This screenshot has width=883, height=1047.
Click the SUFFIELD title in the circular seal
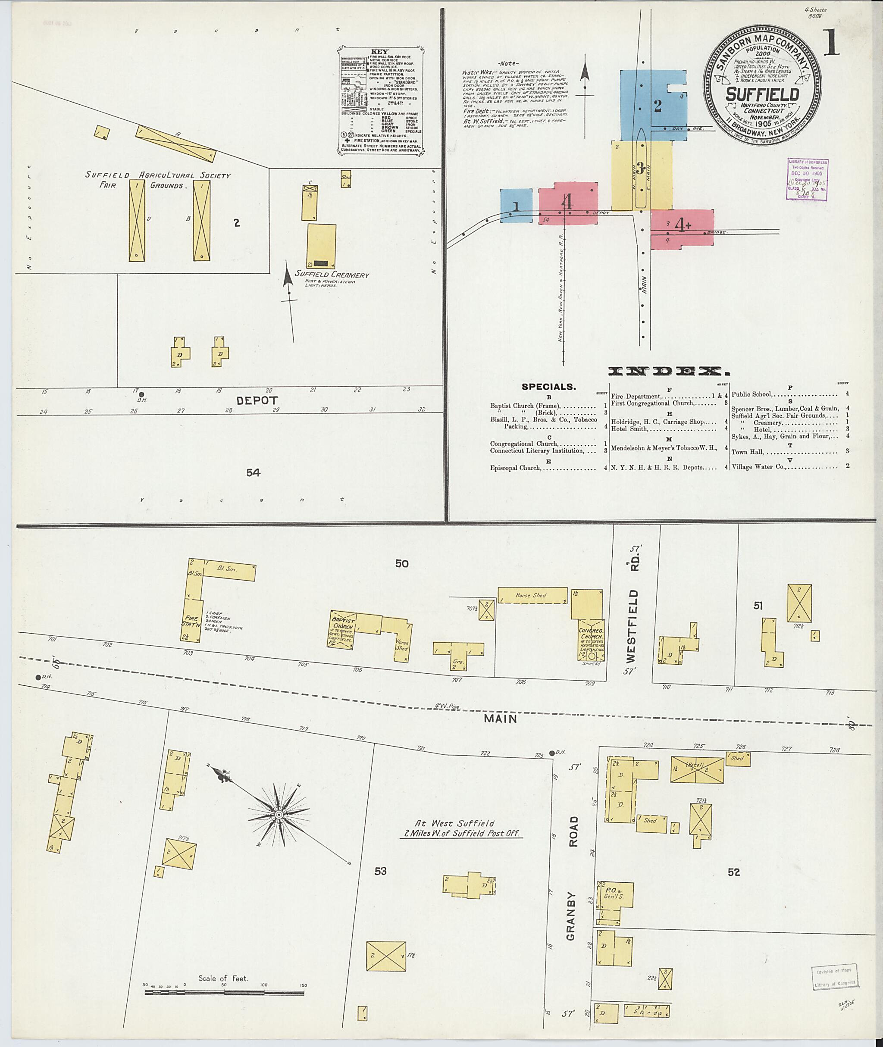(x=762, y=94)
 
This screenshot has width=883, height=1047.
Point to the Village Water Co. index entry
(x=758, y=467)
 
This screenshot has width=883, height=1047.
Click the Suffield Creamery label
(x=332, y=275)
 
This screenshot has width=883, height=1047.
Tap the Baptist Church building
(x=342, y=629)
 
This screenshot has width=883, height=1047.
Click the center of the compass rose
(x=279, y=815)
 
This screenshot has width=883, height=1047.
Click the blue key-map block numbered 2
(x=653, y=106)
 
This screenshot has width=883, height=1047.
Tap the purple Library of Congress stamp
(x=807, y=179)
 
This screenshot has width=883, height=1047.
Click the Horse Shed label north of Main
(x=531, y=595)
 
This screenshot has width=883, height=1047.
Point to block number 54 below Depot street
(x=253, y=472)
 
